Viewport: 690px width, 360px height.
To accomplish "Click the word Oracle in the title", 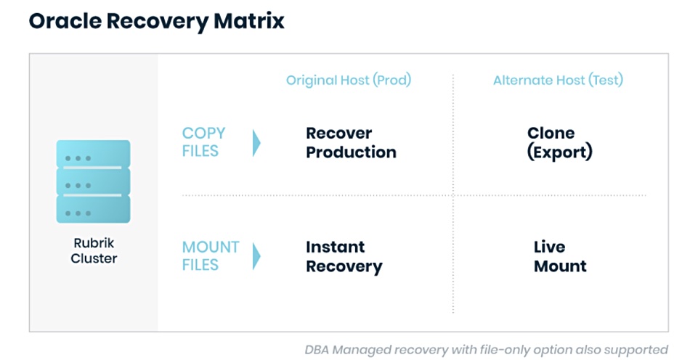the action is click(x=65, y=20).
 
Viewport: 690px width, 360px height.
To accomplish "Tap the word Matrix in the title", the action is click(x=249, y=20).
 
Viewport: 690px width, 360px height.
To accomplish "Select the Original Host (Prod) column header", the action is click(x=349, y=80).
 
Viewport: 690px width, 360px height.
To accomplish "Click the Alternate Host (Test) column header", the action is click(x=558, y=80).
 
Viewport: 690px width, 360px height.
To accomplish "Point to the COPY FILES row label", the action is click(x=204, y=142).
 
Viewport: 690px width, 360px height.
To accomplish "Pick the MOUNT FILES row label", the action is click(x=211, y=255).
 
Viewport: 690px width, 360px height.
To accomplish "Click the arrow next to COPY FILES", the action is click(x=256, y=143).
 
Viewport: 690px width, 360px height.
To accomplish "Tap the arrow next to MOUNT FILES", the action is click(x=256, y=256).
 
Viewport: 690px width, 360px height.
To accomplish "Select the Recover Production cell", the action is click(x=351, y=142).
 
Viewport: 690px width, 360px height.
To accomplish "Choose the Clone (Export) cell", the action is click(x=560, y=143).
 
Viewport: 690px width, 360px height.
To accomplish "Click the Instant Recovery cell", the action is click(x=344, y=257).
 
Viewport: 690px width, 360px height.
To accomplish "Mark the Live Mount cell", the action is click(x=560, y=256).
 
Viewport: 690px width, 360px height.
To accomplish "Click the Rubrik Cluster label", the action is click(x=94, y=250).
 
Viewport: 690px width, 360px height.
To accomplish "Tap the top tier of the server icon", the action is click(x=93, y=154).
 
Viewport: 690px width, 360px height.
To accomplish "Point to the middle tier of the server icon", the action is click(x=93, y=181).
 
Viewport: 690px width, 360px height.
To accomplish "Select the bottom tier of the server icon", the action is click(x=93, y=209).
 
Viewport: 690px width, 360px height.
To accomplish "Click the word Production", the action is click(x=351, y=152).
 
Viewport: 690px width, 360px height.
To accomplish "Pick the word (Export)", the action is click(x=560, y=152).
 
